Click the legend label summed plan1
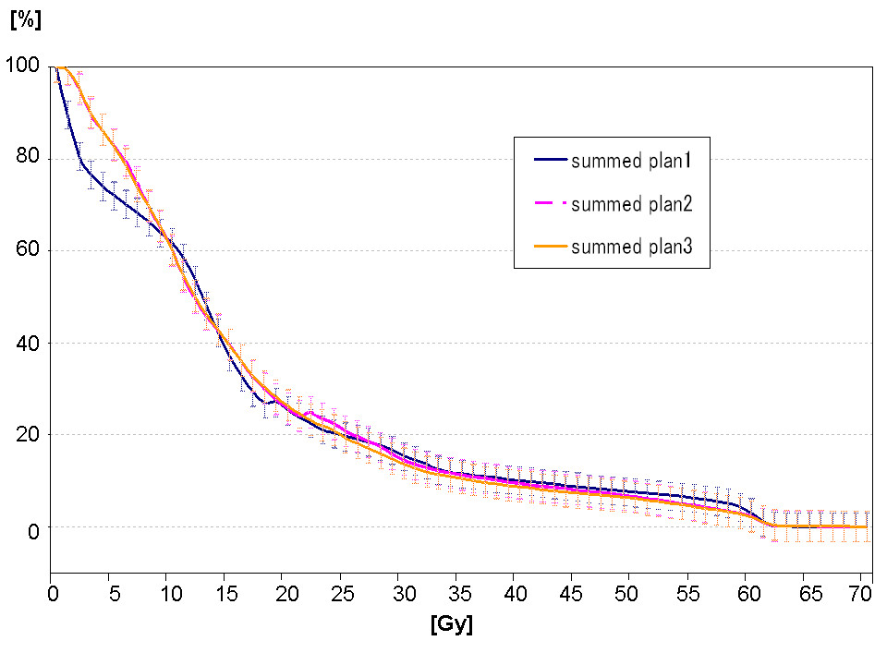[631, 161]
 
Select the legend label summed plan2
[631, 203]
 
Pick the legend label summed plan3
[631, 247]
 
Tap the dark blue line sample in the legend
[551, 160]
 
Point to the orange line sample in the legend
[551, 247]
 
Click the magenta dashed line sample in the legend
[551, 203]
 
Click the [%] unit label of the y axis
[26, 19]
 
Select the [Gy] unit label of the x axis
[452, 625]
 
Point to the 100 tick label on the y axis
[22, 65]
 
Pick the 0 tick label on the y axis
[34, 531]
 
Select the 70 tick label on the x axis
[861, 594]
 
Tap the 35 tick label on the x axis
[459, 594]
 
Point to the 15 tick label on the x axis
[227, 594]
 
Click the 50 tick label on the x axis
[626, 594]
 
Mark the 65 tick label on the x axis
[810, 594]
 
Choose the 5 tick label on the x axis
[115, 594]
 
